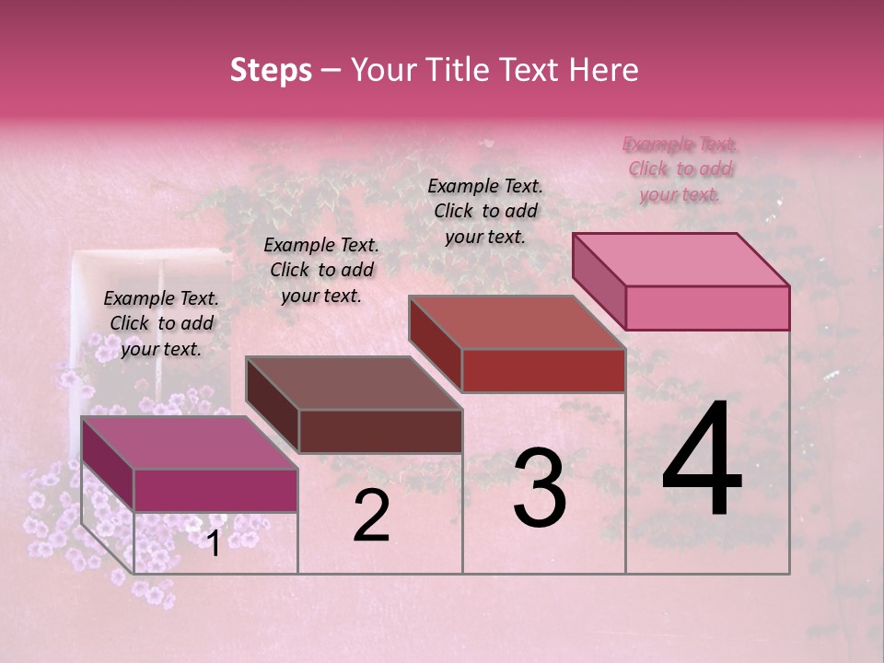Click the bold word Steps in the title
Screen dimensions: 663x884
coord(271,70)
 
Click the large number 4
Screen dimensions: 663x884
coord(702,460)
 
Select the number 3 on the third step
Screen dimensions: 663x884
coord(540,488)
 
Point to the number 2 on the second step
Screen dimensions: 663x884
coord(371,516)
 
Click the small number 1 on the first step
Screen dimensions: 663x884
coord(213,544)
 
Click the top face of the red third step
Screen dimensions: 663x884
coord(518,322)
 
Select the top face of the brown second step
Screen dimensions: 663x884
coord(354,383)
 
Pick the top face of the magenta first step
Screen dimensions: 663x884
coord(190,443)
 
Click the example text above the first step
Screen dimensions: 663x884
coord(162,323)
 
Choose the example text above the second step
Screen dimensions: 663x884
coord(321,270)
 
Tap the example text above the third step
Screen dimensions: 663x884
coord(485,211)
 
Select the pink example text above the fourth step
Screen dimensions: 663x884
coord(680,169)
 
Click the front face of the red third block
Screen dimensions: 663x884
coord(543,370)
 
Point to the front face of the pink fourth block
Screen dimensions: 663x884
coord(707,308)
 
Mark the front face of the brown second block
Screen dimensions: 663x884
coord(380,431)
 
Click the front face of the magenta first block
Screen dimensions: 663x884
coord(215,490)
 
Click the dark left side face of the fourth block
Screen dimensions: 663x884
coord(599,281)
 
